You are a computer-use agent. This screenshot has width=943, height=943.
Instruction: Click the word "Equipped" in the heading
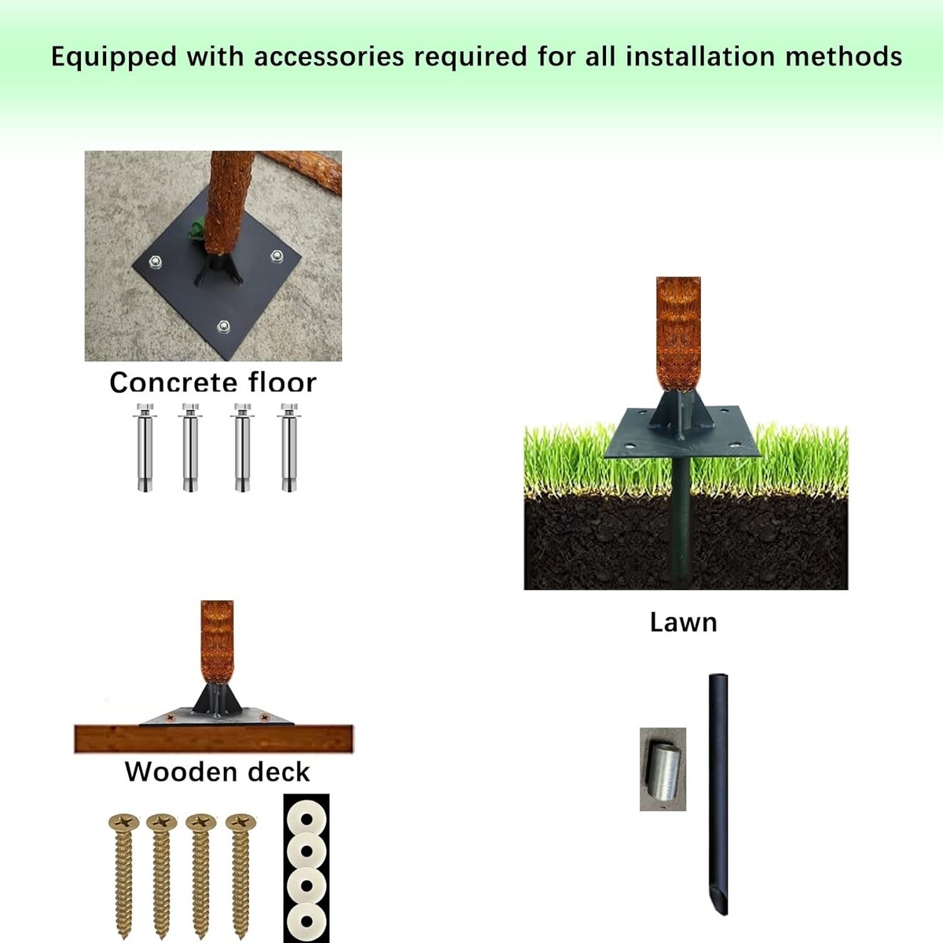tap(114, 57)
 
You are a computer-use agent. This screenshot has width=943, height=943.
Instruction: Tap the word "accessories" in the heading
tap(328, 57)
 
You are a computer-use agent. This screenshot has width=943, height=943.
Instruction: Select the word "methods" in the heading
tap(843, 57)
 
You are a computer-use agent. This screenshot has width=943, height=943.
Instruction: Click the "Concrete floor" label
tap(213, 382)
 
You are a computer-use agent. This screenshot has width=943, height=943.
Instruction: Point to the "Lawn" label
tap(683, 622)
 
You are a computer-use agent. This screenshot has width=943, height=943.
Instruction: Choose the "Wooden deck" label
tap(217, 772)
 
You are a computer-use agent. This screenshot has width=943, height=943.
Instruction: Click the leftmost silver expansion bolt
tap(145, 447)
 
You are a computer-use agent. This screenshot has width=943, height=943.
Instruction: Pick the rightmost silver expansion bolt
tap(288, 447)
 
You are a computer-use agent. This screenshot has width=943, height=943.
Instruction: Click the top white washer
tap(306, 820)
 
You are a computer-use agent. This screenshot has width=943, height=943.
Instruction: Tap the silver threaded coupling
tap(662, 770)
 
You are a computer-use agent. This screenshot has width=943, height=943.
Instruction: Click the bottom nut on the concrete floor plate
tap(224, 326)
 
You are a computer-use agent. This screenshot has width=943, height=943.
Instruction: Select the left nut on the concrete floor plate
tap(155, 262)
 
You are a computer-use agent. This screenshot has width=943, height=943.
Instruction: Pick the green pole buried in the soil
tap(682, 523)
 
